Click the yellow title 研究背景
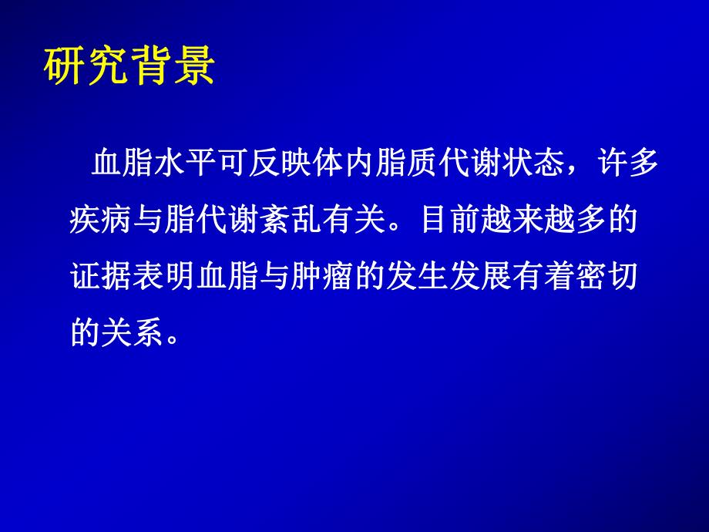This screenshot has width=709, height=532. [127, 68]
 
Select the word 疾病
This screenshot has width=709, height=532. [97, 221]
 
